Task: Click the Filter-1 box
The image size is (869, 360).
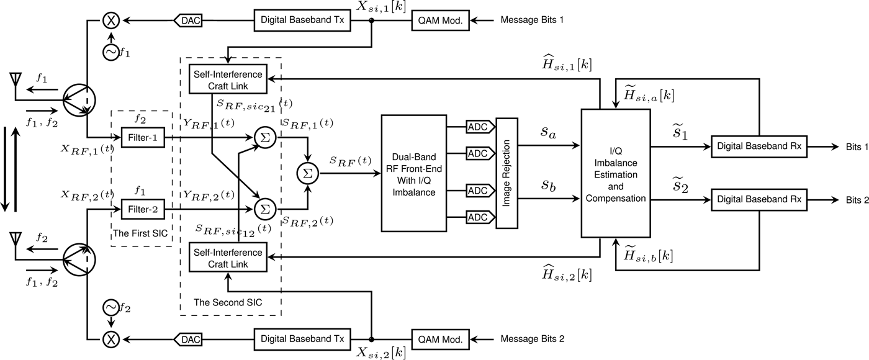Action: pos(143,137)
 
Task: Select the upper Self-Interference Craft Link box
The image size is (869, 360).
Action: pos(227,79)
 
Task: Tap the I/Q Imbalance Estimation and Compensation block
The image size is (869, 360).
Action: pos(615,173)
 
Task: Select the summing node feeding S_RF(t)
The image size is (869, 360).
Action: pos(305,174)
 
